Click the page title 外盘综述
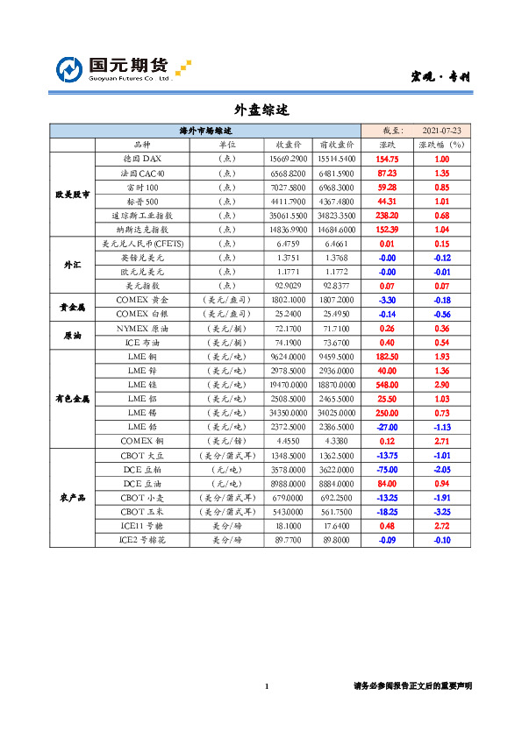[261, 111]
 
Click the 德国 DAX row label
[142, 160]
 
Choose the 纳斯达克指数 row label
[142, 230]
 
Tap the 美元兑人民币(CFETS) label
[142, 244]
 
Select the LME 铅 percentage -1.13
[442, 427]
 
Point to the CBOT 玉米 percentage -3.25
[442, 511]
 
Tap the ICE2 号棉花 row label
[142, 540]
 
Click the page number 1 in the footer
[266, 685]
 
